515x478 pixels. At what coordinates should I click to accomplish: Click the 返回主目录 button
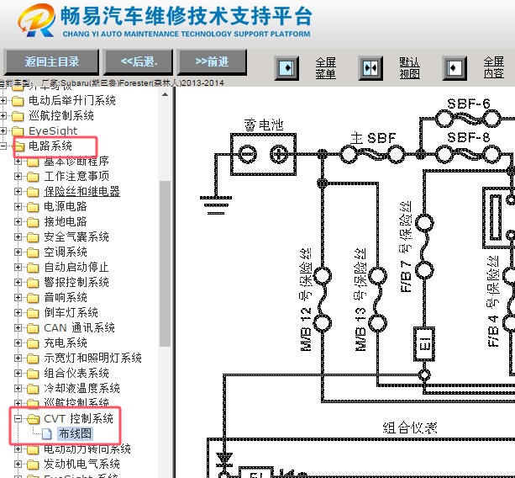pyautogui.click(x=51, y=61)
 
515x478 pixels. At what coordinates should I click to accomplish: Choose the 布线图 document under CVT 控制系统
pyautogui.click(x=75, y=434)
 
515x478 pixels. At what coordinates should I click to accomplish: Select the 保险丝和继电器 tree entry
pyautogui.click(x=81, y=191)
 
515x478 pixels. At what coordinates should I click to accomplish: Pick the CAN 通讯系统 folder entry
pyautogui.click(x=79, y=327)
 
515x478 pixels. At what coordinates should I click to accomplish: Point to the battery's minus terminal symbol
pyautogui.click(x=248, y=154)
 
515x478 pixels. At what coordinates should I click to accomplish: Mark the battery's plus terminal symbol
pyautogui.click(x=278, y=154)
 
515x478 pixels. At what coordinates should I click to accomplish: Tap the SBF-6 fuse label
pyautogui.click(x=468, y=104)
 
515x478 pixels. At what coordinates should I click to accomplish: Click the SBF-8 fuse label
pyautogui.click(x=468, y=136)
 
